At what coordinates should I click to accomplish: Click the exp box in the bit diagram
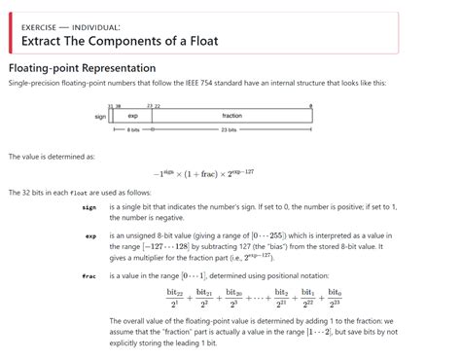click(x=133, y=116)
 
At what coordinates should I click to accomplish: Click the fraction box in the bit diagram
click(x=231, y=116)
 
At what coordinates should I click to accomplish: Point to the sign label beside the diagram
click(x=100, y=116)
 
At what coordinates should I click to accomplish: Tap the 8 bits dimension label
click(x=133, y=129)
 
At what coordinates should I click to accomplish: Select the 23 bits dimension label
click(x=231, y=129)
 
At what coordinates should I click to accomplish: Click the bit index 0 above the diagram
click(x=310, y=105)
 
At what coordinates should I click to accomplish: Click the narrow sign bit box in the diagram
click(x=113, y=116)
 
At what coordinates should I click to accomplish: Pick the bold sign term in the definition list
click(x=89, y=207)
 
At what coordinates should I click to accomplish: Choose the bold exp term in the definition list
click(x=90, y=234)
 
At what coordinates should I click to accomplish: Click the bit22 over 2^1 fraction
click(x=175, y=296)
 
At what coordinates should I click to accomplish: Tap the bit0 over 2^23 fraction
click(x=334, y=296)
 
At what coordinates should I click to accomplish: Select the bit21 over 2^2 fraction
click(x=203, y=296)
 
